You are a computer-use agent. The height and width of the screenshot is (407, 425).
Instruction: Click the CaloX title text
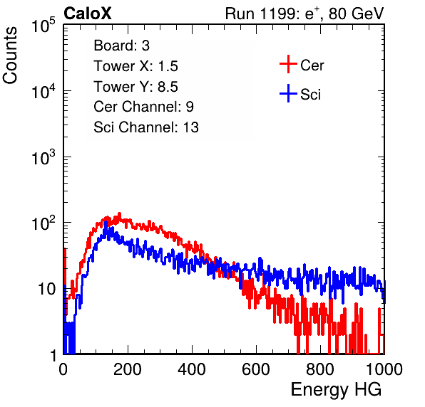click(x=88, y=14)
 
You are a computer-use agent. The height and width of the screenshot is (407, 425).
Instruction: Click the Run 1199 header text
click(x=304, y=14)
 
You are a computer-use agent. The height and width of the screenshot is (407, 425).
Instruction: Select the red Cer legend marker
click(x=288, y=64)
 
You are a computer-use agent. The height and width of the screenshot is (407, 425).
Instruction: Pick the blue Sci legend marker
click(x=288, y=93)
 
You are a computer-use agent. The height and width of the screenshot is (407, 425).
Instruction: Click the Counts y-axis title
click(x=10, y=55)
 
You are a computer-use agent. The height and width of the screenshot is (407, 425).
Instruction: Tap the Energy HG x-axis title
click(x=336, y=390)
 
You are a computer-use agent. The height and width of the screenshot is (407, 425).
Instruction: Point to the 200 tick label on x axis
click(x=128, y=369)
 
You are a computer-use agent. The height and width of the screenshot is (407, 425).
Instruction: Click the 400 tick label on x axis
click(x=192, y=369)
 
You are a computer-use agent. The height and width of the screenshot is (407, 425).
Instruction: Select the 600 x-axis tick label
click(x=256, y=369)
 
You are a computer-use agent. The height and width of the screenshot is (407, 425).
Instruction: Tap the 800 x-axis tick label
click(x=320, y=369)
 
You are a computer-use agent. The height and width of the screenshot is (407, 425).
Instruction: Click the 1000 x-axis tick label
click(x=384, y=369)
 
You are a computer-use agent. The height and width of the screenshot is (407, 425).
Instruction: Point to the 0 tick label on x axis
click(x=63, y=369)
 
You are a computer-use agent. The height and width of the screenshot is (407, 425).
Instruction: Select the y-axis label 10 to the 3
click(x=43, y=157)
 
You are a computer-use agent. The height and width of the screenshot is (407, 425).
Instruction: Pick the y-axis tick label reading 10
click(x=46, y=289)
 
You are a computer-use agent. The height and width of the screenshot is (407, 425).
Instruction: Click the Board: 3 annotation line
click(x=122, y=46)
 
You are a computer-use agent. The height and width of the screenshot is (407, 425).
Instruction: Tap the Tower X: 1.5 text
click(x=135, y=66)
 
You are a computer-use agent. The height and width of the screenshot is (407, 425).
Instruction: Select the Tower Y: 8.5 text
click(x=135, y=87)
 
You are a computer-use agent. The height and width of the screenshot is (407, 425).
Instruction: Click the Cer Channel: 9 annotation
click(x=143, y=107)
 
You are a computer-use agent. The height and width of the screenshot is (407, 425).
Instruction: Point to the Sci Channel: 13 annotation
click(x=146, y=127)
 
